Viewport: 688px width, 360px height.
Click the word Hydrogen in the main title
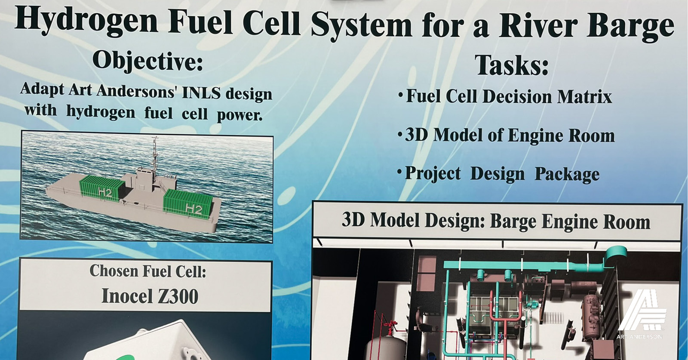(86, 21)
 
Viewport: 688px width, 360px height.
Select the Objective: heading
(148, 62)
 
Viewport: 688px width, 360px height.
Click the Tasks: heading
(512, 65)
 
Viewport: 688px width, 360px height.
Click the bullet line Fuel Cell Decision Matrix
(506, 96)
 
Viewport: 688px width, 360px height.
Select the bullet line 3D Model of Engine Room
(507, 135)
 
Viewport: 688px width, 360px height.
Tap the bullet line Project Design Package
(499, 174)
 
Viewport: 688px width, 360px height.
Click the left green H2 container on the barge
(102, 188)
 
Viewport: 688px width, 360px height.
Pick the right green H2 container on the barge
(187, 204)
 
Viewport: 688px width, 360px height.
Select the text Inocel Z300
(150, 296)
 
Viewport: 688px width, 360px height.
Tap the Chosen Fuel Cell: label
(148, 271)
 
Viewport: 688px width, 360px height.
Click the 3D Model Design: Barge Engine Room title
(496, 221)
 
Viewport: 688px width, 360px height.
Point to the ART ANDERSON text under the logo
(639, 337)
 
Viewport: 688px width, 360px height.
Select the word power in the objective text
(240, 116)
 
